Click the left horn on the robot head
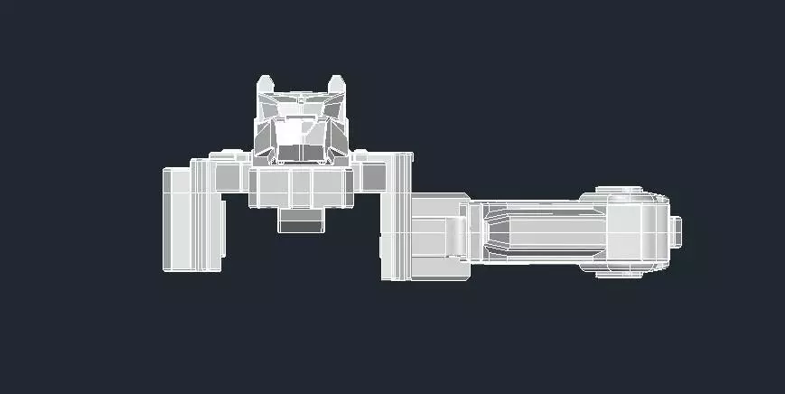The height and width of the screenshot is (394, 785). coord(266,84)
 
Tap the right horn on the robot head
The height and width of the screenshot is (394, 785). coord(336,84)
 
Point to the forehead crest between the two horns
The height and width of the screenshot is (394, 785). coord(301,97)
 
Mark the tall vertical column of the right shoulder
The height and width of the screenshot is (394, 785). coord(397,217)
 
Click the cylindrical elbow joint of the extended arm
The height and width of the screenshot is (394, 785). coord(457,235)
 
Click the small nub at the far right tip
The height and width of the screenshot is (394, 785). coord(677,231)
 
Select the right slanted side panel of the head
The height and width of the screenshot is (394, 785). coord(337,131)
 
